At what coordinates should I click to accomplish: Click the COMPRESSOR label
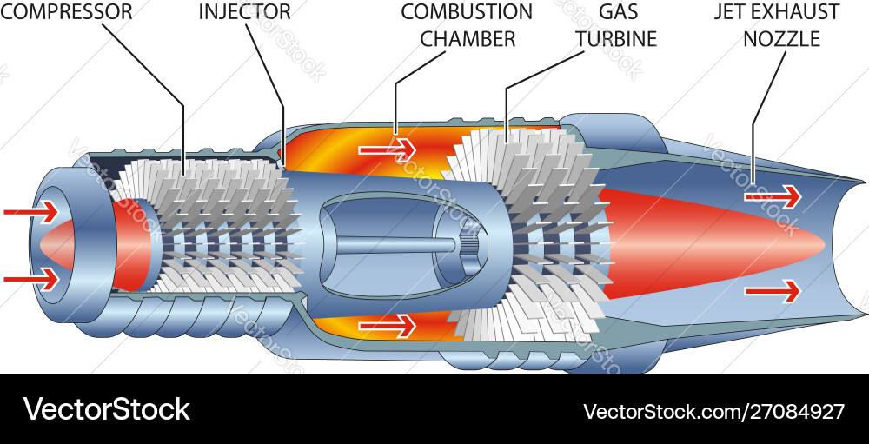pos(67,12)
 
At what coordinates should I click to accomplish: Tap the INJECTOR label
pos(245,12)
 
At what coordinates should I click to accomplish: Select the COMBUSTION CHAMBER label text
pos(467,26)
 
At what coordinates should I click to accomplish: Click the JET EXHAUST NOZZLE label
pos(777,26)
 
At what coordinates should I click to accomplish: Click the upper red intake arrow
pos(31,211)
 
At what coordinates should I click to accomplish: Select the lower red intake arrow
pos(31,279)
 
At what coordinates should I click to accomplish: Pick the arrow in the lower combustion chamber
pos(388,326)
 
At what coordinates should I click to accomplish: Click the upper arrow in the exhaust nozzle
pos(772,197)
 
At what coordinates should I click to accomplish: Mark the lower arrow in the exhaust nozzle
pos(772,290)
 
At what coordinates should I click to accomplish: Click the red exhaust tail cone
pos(713,244)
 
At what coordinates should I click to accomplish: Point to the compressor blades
pos(217,226)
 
